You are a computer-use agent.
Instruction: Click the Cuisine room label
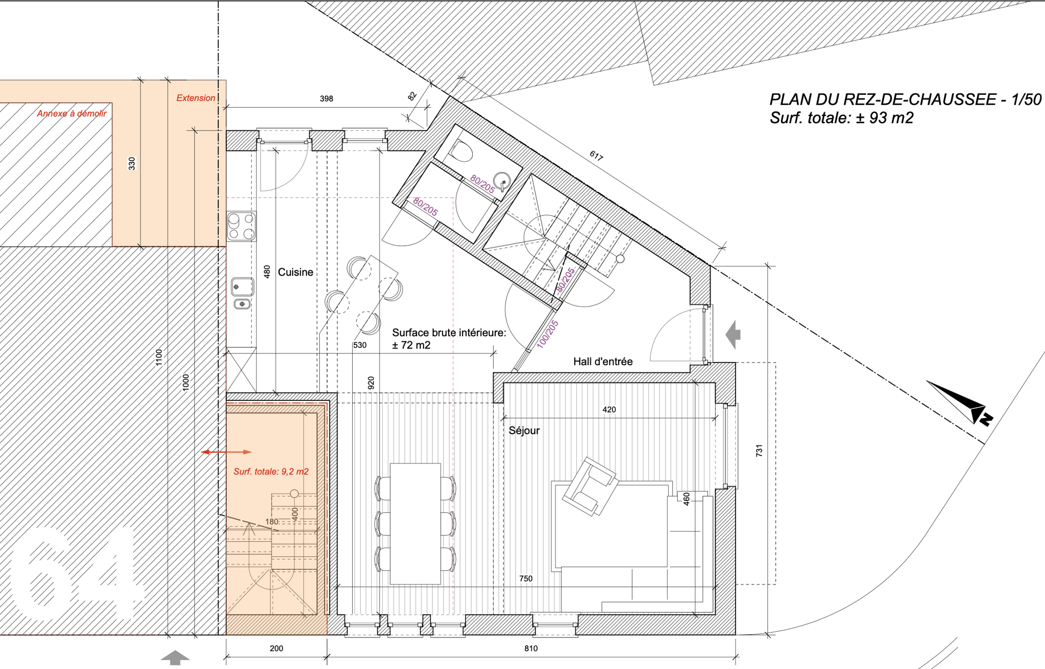[x=295, y=272]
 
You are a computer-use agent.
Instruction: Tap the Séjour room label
[x=524, y=431]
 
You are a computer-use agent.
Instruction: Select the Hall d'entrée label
[x=603, y=362]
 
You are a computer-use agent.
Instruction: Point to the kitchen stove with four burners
[x=241, y=226]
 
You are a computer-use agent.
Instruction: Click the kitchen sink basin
[x=242, y=287]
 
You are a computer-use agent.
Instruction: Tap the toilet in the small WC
[x=461, y=151]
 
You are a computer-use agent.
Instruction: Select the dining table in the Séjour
[x=415, y=523]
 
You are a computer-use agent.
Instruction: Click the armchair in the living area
[x=590, y=486]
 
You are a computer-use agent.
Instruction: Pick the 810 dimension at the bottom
[x=531, y=648]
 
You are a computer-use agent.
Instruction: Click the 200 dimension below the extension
[x=276, y=648]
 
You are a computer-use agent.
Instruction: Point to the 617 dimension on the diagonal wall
[x=596, y=157]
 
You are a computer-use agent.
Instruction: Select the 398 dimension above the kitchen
[x=327, y=99]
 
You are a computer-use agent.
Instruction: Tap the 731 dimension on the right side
[x=759, y=450]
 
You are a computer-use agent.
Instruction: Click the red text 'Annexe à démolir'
[x=72, y=114]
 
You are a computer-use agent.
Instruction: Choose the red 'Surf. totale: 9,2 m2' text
[x=271, y=472]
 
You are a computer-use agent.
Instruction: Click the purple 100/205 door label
[x=547, y=334]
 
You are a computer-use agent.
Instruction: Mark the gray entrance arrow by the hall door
[x=733, y=334]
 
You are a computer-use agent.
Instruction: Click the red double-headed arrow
[x=226, y=452]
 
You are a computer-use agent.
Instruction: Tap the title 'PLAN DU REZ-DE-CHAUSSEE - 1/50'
[x=905, y=99]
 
